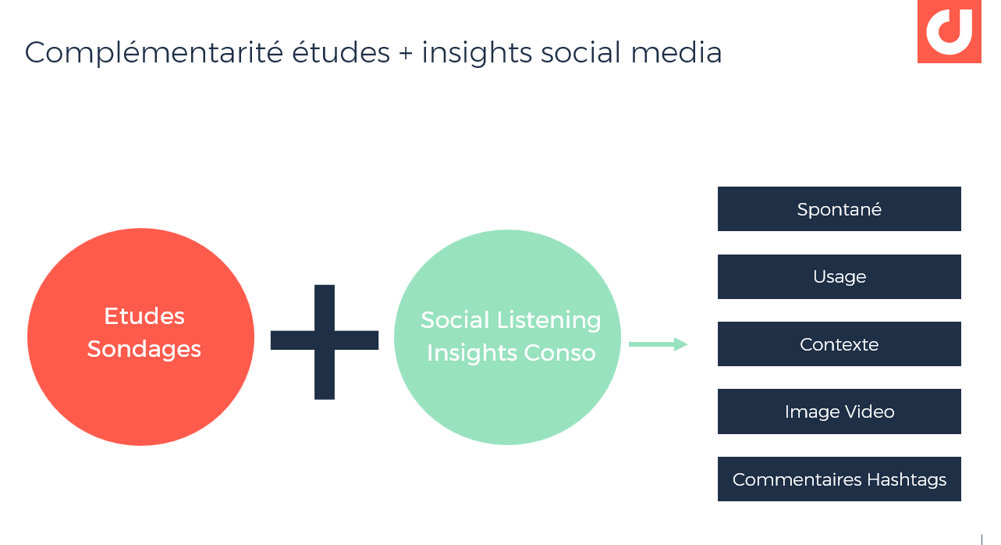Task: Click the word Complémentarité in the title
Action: click(x=154, y=53)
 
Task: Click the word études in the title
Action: click(x=341, y=52)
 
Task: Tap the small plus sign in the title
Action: click(x=406, y=53)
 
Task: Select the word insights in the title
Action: click(x=477, y=53)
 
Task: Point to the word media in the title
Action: click(x=676, y=52)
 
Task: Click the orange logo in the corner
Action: click(x=950, y=31)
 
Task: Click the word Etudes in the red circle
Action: click(x=144, y=316)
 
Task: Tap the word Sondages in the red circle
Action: click(x=144, y=349)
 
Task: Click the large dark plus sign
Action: click(x=325, y=341)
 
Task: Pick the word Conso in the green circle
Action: click(x=559, y=353)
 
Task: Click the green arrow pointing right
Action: click(x=658, y=344)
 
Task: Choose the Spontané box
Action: click(x=839, y=208)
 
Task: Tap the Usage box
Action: click(x=839, y=276)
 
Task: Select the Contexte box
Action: click(x=839, y=344)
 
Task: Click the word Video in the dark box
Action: click(x=870, y=411)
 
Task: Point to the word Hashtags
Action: click(x=907, y=479)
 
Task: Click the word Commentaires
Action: click(x=797, y=479)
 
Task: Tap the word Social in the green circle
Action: click(x=456, y=320)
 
